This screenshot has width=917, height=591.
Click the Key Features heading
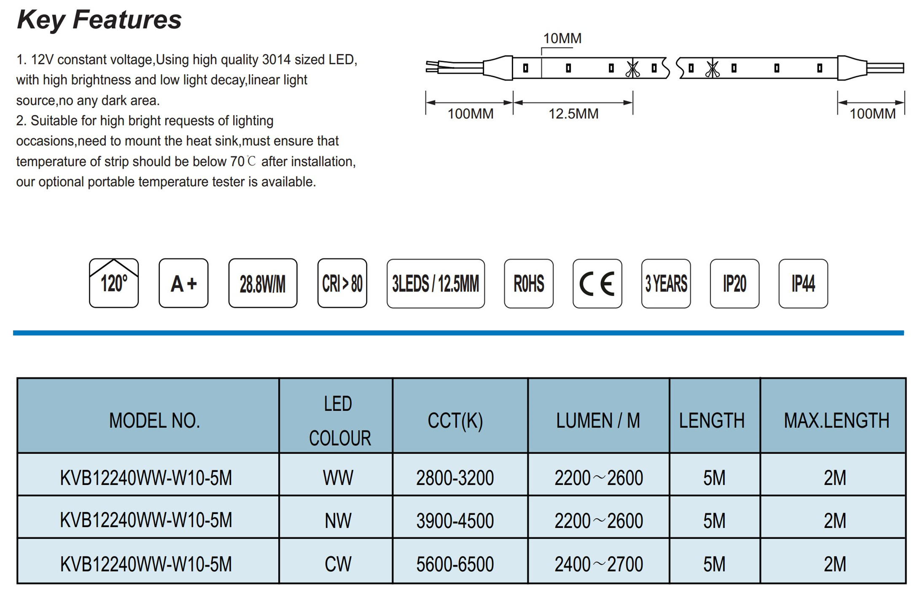click(x=99, y=20)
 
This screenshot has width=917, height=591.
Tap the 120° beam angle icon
click(x=114, y=283)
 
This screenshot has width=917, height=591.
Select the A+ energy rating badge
click(x=183, y=283)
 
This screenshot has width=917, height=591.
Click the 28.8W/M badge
click(x=263, y=283)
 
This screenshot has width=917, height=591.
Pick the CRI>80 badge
click(x=342, y=283)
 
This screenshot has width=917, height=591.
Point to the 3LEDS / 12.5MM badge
click(x=436, y=283)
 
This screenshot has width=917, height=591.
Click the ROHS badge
click(x=529, y=283)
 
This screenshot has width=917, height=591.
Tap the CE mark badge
click(x=597, y=283)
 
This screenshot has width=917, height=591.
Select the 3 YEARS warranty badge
click(x=666, y=283)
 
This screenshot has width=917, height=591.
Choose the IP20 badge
click(x=735, y=283)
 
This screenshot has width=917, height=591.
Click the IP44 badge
click(x=804, y=283)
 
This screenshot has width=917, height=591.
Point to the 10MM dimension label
click(x=562, y=38)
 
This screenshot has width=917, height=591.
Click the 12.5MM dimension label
click(x=573, y=114)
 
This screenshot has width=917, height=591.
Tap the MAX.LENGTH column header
click(x=836, y=420)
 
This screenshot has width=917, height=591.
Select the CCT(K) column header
click(x=455, y=420)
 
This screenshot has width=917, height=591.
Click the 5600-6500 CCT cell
click(x=455, y=564)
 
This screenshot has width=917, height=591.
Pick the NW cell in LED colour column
click(x=338, y=521)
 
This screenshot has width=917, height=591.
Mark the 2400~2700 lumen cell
click(x=599, y=564)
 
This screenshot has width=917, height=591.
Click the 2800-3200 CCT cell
click(x=455, y=478)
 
